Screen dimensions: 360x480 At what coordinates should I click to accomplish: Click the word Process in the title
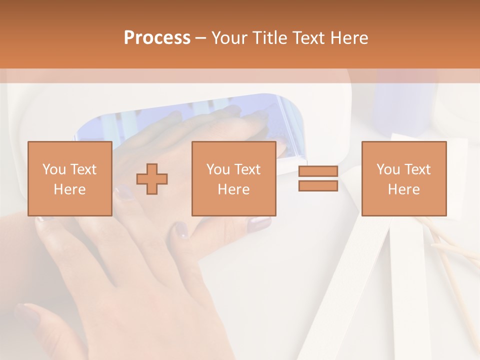pos(157,38)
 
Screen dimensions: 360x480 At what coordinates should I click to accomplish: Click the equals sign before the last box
pos(318,178)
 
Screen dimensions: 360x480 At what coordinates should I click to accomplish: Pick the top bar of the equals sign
pos(318,171)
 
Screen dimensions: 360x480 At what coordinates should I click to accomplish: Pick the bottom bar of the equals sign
pos(318,185)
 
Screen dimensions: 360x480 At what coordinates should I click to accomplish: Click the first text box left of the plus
pos(69,178)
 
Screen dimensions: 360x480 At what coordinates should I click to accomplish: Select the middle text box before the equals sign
pos(233,178)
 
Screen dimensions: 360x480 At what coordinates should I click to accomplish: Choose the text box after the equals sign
pos(403,178)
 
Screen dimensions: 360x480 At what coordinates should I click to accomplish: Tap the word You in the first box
pos(53,169)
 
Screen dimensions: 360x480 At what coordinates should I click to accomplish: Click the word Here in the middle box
pos(233,189)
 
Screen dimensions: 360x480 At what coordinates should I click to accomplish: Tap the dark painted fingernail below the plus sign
pos(180,230)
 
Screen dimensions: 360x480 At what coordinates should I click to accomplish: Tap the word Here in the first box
pos(69,189)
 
